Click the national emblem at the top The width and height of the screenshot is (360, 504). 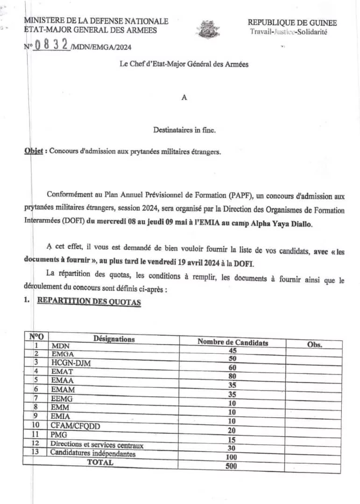click(x=208, y=29)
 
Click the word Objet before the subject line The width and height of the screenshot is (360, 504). click(x=34, y=151)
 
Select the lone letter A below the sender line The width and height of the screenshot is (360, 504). click(x=184, y=98)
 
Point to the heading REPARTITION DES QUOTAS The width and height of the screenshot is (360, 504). click(x=89, y=301)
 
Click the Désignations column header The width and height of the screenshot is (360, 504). click(x=114, y=339)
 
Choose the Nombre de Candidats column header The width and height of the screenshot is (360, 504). click(x=233, y=342)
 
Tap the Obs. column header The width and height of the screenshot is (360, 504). click(x=315, y=344)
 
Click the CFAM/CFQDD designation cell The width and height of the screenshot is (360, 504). click(x=75, y=426)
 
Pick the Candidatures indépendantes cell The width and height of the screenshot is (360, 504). click(x=93, y=453)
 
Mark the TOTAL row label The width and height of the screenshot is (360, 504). click(x=100, y=462)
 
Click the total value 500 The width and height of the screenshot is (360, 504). click(x=231, y=466)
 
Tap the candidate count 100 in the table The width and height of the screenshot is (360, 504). click(x=231, y=457)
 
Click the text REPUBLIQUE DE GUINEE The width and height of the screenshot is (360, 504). click(x=292, y=22)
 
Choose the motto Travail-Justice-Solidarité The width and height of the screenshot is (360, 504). click(x=289, y=32)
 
